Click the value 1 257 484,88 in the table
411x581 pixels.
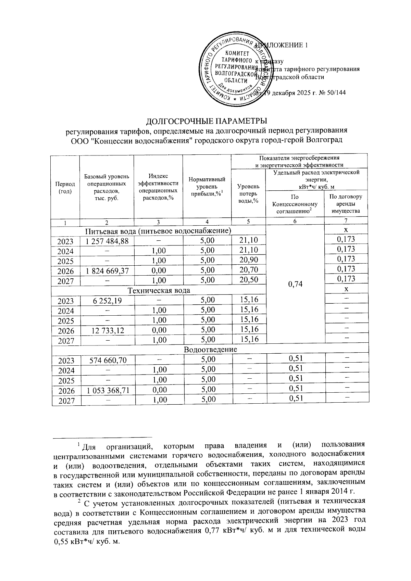[107, 241]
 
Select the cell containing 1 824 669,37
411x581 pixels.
[107, 271]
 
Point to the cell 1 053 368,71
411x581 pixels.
[107, 390]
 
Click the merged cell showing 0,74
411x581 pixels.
[295, 284]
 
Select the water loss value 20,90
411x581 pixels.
[249, 260]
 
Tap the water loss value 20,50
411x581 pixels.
[249, 280]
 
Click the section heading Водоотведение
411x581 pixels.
[210, 350]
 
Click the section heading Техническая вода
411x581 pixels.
[159, 290]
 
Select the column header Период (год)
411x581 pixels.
[65, 188]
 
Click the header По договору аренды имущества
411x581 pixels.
[346, 204]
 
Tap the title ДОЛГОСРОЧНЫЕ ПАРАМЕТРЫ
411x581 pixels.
[207, 122]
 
